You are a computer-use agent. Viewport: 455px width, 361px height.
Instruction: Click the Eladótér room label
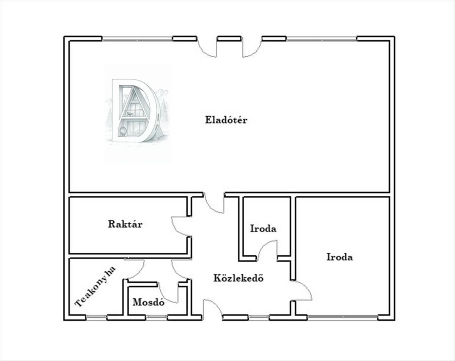coord(226,120)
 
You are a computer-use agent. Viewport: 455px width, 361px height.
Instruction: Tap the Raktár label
coord(125,224)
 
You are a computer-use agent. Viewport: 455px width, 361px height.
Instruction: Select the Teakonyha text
coord(95,287)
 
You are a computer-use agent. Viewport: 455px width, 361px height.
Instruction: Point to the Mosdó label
coord(148,302)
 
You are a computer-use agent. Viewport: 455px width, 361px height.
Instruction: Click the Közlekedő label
coord(238,278)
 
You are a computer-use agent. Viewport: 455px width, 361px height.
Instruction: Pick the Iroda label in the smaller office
coord(263,228)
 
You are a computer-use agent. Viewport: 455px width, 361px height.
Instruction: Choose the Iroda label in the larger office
coord(340,257)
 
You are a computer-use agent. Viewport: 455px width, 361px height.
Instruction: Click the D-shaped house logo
coord(137,111)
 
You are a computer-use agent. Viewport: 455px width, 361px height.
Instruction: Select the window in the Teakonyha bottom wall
coord(96,317)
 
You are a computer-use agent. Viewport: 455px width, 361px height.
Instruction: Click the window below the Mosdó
coord(157,317)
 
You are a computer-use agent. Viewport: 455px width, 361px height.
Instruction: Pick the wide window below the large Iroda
coord(342,317)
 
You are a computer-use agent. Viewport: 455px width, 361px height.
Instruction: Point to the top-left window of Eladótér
coord(137,39)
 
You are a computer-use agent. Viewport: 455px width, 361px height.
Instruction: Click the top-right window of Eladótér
coord(322,39)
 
